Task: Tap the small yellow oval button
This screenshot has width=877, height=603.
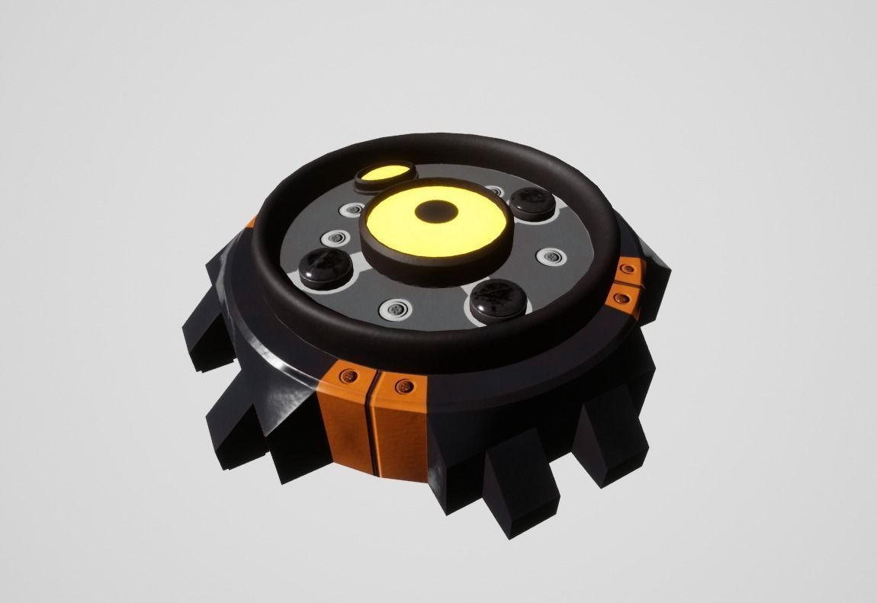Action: (384, 175)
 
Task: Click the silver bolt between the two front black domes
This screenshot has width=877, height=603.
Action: (395, 310)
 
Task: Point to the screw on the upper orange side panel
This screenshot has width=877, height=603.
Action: (628, 268)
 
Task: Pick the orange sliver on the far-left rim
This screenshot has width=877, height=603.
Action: (251, 223)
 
